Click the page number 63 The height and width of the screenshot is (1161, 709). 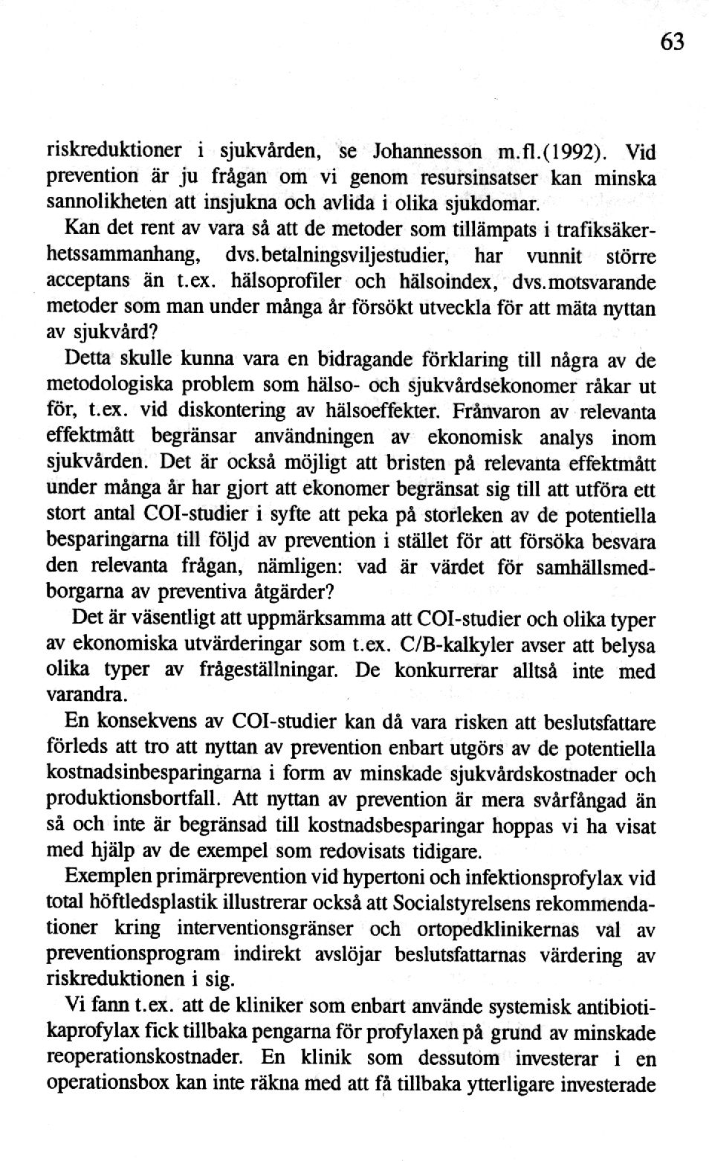(x=671, y=42)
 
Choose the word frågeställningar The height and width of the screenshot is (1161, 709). (x=269, y=670)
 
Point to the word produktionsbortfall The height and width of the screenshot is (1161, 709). (x=135, y=799)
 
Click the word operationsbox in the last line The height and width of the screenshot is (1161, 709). (x=108, y=1084)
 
